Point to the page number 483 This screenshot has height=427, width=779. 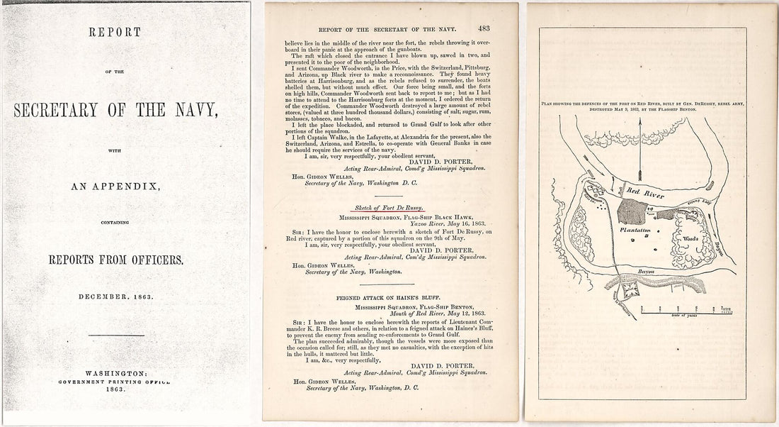[484, 29]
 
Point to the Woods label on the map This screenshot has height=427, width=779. [691, 240]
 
